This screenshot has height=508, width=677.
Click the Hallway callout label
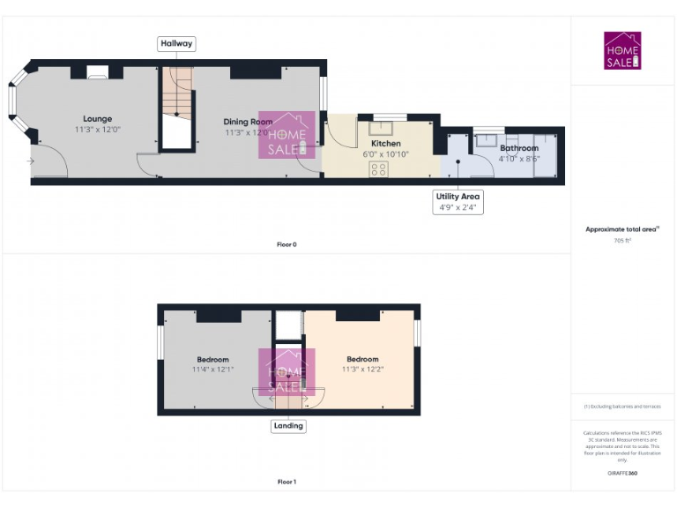point(176,43)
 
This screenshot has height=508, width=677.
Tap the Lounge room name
point(98,119)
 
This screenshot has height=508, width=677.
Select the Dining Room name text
point(248,122)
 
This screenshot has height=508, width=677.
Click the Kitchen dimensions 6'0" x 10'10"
point(385,154)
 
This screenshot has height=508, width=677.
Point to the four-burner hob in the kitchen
point(380,169)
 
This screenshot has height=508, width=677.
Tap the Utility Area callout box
point(458,202)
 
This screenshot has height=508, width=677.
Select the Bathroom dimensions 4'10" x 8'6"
point(518,159)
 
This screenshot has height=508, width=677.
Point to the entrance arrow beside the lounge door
point(31,161)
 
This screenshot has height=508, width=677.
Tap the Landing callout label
point(288,425)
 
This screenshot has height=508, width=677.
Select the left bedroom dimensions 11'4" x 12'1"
point(212,370)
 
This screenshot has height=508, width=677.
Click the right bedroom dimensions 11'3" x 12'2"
point(362,370)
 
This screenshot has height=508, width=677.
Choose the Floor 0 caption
point(286,244)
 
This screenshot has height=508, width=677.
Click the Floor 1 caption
point(286,482)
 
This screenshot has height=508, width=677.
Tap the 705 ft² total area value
point(622,240)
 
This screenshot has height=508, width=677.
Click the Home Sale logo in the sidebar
point(622,51)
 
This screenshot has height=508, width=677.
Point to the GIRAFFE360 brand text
point(622,474)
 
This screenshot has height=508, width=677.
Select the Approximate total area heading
point(622,229)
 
